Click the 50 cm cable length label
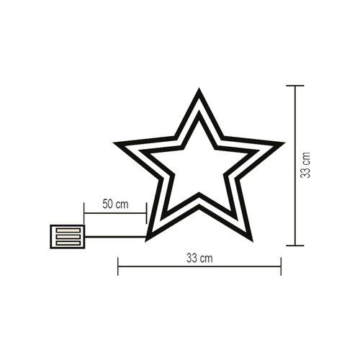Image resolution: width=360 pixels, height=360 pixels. point(115,204)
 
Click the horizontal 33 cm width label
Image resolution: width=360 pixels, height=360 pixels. point(199,258)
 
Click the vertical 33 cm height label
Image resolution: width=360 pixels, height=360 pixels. point(305,165)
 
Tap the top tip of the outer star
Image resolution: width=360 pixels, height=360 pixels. point(199,89)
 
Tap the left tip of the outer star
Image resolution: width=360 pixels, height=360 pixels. point(114,143)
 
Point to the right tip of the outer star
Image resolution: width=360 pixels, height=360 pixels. point(284,143)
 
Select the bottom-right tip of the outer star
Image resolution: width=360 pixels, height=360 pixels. point(253,241)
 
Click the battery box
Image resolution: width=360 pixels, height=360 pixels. point(68,237)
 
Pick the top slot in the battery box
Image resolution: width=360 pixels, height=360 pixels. point(68,230)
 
